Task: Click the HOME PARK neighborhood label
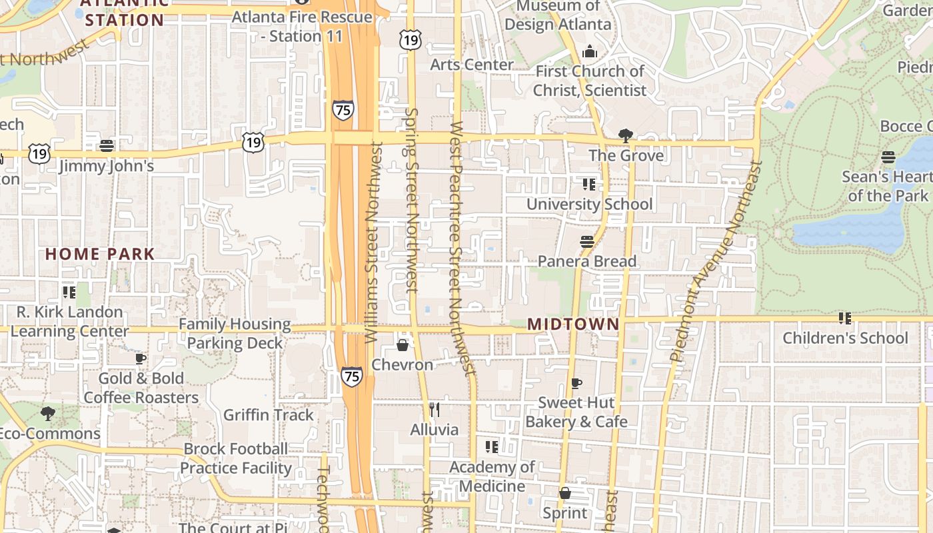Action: click(100, 254)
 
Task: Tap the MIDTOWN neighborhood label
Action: click(573, 324)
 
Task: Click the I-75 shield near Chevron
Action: click(352, 376)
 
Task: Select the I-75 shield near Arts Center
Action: click(343, 110)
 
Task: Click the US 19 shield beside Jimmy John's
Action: click(39, 153)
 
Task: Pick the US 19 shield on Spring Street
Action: click(411, 40)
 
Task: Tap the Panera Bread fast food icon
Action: click(586, 242)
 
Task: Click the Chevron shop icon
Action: click(403, 344)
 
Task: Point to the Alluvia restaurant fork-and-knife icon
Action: click(435, 409)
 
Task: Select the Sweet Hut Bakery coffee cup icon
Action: click(576, 383)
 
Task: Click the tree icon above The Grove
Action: click(625, 137)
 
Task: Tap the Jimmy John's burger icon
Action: click(107, 146)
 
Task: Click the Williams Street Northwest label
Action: click(373, 243)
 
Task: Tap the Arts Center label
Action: click(472, 65)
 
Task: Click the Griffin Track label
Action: click(268, 415)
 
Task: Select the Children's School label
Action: click(845, 338)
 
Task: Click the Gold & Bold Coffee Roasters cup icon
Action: click(141, 358)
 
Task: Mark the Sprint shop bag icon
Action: click(565, 493)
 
